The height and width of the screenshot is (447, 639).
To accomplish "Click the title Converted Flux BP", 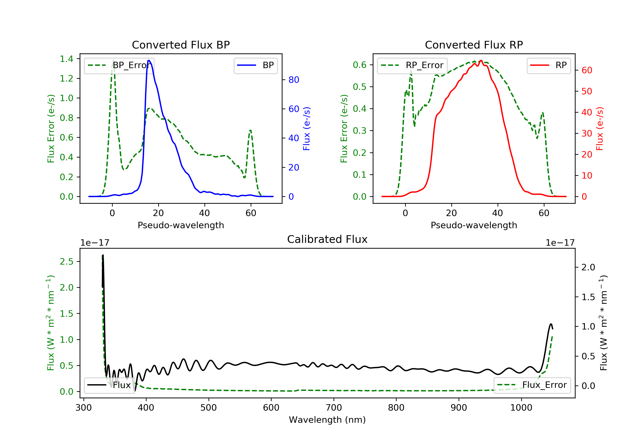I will (181, 45).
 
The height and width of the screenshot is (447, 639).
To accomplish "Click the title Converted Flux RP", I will (474, 45).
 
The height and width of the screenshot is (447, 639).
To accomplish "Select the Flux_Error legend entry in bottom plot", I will (532, 385).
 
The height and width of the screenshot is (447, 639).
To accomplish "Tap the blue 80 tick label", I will (294, 80).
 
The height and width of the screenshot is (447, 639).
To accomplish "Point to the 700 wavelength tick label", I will (334, 408).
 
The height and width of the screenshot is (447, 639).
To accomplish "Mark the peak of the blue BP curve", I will (149, 60).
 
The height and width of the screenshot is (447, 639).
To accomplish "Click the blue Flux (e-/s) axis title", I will (307, 129).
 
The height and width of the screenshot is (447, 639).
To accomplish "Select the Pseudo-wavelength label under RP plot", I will (474, 225).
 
